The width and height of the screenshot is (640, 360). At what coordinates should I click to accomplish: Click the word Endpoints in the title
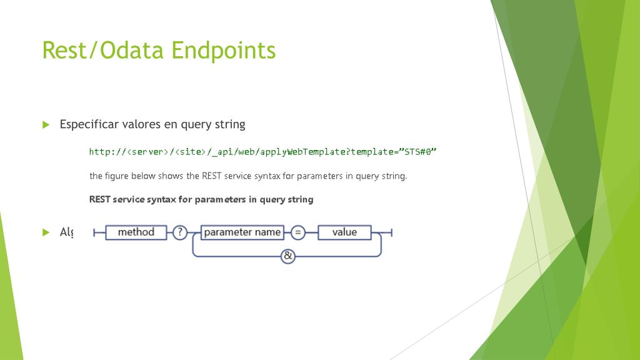pos(224,50)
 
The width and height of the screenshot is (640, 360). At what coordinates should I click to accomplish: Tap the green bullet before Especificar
pos(46,124)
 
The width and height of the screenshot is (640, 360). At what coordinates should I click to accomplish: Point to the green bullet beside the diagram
pos(46,232)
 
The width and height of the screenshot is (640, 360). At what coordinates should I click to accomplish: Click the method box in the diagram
pos(136,232)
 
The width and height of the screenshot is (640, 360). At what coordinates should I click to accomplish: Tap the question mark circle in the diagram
pos(179,232)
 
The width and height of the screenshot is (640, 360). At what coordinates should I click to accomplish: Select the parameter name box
pos(242,232)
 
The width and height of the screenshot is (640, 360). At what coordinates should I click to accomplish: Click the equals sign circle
pos(298,232)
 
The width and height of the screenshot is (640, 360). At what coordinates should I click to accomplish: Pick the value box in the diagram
pos(344,232)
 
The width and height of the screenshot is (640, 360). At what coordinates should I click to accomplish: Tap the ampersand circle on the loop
pos(287,256)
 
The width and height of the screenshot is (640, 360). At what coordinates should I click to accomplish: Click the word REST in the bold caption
pos(100,200)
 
